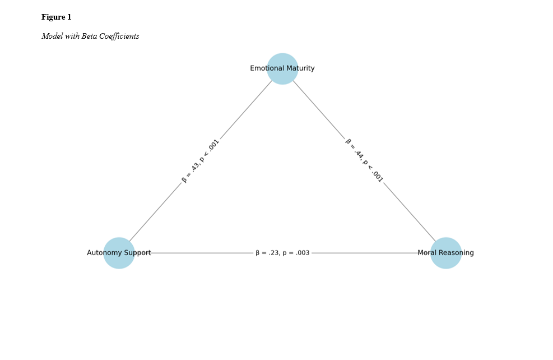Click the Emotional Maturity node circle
[282, 68]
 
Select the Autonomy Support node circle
[119, 253]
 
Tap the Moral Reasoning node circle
[446, 253]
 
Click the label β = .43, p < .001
[200, 161]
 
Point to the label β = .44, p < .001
[364, 160]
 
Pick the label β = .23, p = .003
[282, 253]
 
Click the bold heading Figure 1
[56, 17]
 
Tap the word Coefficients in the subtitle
[119, 36]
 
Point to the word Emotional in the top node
[266, 68]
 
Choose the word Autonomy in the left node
[103, 253]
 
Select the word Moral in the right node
[427, 253]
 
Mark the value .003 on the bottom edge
[303, 253]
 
